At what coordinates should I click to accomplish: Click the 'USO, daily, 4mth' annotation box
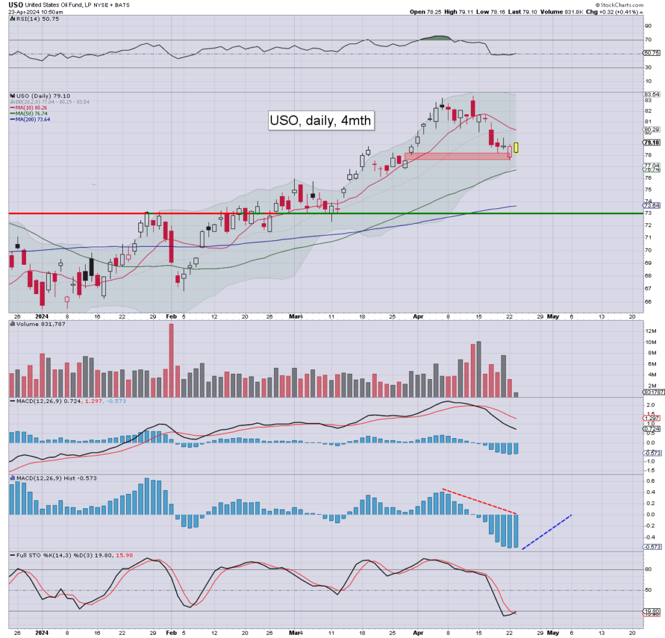321,121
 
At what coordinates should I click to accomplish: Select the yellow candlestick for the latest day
516,147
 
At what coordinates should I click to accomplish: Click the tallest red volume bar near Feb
171,360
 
